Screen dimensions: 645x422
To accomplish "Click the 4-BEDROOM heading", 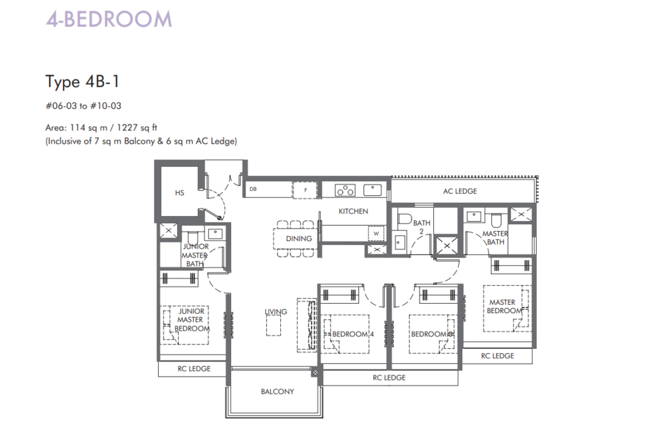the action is click(x=108, y=20).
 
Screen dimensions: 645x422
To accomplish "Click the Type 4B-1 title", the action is click(x=83, y=81).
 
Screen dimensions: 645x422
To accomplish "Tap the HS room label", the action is click(x=180, y=193).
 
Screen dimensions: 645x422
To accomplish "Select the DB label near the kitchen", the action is click(x=253, y=189).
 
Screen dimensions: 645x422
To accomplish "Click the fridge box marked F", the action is click(x=305, y=190).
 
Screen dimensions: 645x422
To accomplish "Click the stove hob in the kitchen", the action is click(x=345, y=190).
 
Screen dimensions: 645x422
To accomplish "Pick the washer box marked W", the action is click(x=376, y=234).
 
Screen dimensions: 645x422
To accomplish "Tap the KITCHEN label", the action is click(x=353, y=212).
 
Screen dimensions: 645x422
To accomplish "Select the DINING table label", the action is click(x=299, y=239).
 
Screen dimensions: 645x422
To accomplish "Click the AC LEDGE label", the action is click(x=460, y=191).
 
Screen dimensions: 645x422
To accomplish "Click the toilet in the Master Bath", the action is click(x=496, y=221).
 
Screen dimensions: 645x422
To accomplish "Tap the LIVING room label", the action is click(x=276, y=312).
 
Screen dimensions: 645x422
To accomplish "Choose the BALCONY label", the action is click(x=277, y=392).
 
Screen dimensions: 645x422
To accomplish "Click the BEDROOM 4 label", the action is click(x=353, y=334).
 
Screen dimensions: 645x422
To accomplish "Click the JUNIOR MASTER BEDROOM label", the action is click(x=191, y=320).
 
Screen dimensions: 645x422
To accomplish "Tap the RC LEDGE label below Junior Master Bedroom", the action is click(x=194, y=369).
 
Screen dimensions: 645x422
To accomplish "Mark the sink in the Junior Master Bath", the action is click(x=215, y=234).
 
